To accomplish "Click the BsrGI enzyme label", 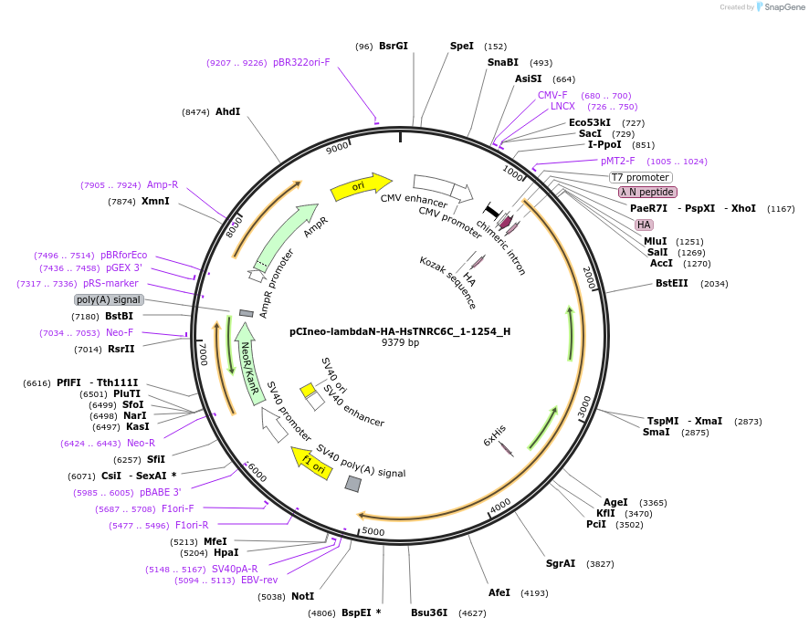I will [394, 46].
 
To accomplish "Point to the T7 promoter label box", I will [641, 177].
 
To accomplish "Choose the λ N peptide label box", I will [647, 192].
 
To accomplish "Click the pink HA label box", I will [644, 225].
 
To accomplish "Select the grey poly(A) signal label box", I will [109, 299].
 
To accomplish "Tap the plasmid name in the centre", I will [400, 331].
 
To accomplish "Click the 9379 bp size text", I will [400, 343].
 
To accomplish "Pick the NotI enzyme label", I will [302, 596].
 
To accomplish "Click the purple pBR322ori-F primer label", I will [301, 62].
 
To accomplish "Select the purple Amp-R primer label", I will [163, 184].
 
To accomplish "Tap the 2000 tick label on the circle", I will [588, 277].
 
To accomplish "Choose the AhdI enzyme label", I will [227, 111].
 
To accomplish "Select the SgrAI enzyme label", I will [561, 563].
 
